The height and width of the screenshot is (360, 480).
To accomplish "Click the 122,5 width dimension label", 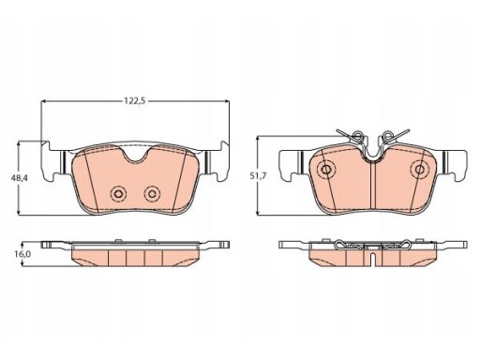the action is [135, 101].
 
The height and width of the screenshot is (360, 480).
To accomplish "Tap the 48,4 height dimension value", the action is [20, 178].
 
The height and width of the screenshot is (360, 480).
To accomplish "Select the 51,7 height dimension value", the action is [258, 176].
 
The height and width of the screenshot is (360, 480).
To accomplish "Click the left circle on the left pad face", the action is [117, 194].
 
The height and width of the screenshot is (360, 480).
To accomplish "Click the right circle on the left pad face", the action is [152, 194].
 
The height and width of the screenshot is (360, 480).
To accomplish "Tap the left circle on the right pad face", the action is [326, 170].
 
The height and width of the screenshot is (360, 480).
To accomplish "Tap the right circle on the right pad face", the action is [419, 170].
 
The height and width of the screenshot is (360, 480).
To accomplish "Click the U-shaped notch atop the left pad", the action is [136, 156].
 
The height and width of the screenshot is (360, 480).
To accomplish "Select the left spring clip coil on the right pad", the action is [357, 135].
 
